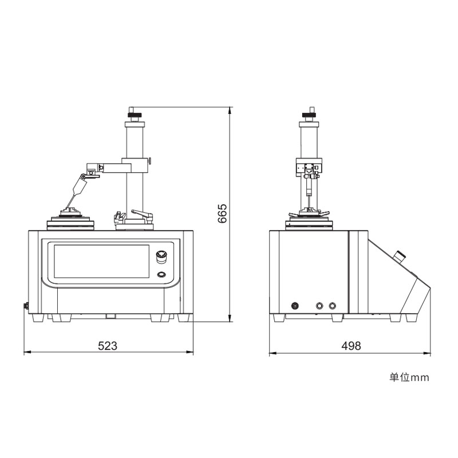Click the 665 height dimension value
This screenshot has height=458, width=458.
[222, 214]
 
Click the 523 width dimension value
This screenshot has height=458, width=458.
[108, 346]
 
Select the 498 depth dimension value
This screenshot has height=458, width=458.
[351, 346]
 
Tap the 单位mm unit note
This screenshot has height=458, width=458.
[409, 377]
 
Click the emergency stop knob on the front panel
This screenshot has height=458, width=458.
[161, 256]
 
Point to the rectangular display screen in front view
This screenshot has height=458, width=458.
[101, 261]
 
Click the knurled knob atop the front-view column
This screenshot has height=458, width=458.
[135, 114]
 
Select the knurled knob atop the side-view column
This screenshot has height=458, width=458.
[309, 114]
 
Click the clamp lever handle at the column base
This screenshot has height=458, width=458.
[142, 214]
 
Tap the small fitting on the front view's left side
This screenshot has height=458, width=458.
[26, 306]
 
